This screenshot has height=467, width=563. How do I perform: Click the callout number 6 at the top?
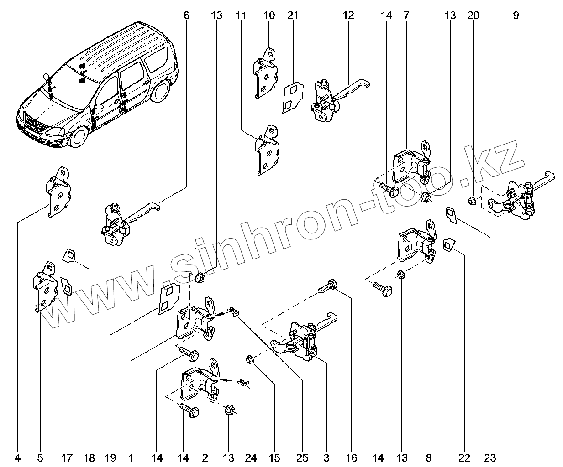(186, 15)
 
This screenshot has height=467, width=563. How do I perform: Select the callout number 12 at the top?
(348, 15)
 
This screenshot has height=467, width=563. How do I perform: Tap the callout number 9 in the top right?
(516, 15)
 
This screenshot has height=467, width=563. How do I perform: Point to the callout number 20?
(473, 15)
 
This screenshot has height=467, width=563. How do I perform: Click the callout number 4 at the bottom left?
(17, 457)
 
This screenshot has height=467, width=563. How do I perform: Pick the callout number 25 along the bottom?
(302, 457)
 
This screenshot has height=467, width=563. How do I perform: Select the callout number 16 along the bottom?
(352, 457)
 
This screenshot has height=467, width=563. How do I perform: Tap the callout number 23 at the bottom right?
(490, 457)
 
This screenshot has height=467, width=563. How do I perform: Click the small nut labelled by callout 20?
(473, 200)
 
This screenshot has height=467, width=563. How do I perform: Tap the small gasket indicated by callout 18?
(70, 255)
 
